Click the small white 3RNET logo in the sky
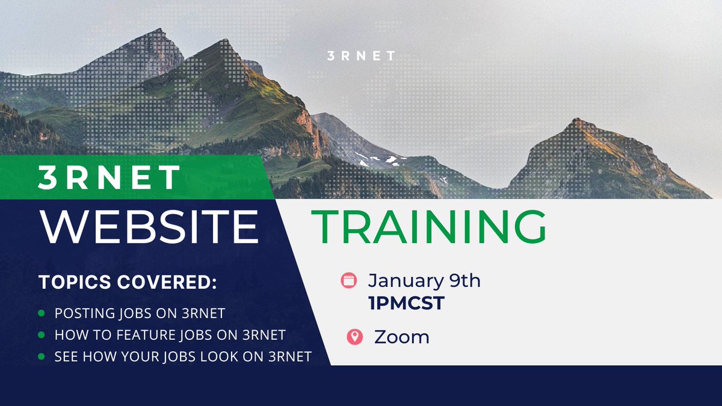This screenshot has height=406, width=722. tap(361, 57)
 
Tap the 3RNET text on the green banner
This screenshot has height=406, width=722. tap(109, 177)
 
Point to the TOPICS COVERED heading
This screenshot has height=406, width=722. tap(128, 283)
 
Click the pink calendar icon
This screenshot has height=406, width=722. tap(349, 280)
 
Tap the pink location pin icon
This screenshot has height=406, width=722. tap(354, 337)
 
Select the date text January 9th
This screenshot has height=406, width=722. tap(424, 281)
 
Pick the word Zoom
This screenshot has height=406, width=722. tap(401, 337)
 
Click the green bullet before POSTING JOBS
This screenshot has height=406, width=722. tap(41, 314)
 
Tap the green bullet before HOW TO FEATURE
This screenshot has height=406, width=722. tap(41, 335)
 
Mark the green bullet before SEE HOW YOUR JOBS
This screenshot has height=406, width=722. tap(41, 357)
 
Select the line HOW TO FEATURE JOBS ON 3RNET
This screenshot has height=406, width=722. tap(170, 335)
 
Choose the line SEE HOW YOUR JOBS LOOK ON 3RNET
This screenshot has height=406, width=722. tap(183, 357)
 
